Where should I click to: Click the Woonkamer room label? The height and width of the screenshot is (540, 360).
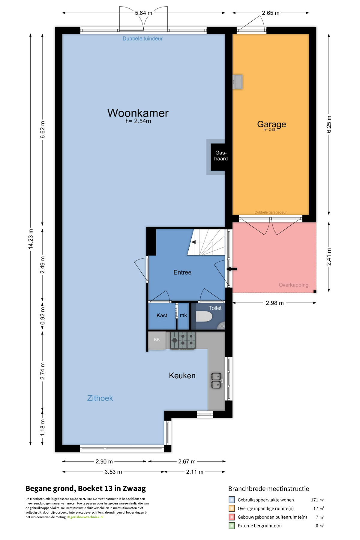pos(138,113)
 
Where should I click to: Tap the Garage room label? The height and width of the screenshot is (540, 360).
pos(271,124)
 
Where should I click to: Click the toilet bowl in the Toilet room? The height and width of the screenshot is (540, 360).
pos(204,316)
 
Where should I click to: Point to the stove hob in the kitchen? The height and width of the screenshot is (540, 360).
pos(183,340)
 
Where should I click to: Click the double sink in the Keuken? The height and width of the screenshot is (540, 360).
pos(216,380)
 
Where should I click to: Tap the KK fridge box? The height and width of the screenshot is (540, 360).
pos(157,340)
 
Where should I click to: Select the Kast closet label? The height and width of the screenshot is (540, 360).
pos(162,316)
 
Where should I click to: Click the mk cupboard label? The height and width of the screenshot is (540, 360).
pos(183,315)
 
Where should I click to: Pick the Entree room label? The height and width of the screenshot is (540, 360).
pos(182,272)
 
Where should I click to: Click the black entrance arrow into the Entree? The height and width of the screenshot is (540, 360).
pos(232,269)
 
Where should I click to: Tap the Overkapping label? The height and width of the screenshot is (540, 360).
pos(293,285)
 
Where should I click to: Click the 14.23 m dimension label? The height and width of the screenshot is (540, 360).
pos(31,239)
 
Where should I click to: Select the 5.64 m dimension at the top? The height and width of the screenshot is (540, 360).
pos(144,13)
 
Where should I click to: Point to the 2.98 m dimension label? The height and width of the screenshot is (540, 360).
pos(274,303)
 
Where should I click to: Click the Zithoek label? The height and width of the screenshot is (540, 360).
pos(100,398)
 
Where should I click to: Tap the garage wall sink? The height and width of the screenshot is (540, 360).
pos(238,82)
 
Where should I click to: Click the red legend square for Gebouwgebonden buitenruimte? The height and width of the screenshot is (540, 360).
pos(232,517)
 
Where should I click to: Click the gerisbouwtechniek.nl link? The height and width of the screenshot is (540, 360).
pos(87,517)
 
